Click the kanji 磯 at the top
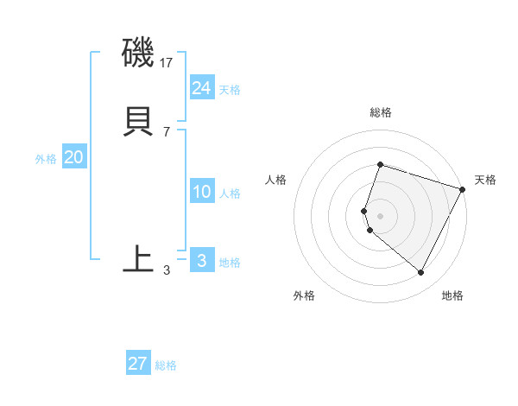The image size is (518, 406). pyautogui.click(x=139, y=54)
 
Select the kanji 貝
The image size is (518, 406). pyautogui.click(x=139, y=121)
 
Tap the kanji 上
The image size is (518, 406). pyautogui.click(x=138, y=258)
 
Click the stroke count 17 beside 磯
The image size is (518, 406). pyautogui.click(x=167, y=63)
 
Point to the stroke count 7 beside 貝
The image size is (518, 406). pyautogui.click(x=167, y=131)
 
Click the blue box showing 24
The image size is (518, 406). pyautogui.click(x=202, y=87)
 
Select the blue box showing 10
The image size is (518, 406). pyautogui.click(x=202, y=192)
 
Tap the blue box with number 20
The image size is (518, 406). pyautogui.click(x=74, y=157)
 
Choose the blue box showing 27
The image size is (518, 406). pyautogui.click(x=138, y=363)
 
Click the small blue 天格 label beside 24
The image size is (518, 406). pyautogui.click(x=230, y=90)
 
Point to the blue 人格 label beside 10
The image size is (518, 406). pyautogui.click(x=230, y=194)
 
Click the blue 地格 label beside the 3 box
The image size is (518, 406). pyautogui.click(x=230, y=263)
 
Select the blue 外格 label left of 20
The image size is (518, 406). pyautogui.click(x=46, y=159)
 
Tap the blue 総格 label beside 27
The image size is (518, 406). pyautogui.click(x=166, y=365)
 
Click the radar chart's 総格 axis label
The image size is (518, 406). pyautogui.click(x=380, y=112)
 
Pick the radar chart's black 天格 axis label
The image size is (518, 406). pyautogui.click(x=485, y=180)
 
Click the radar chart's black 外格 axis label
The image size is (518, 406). pyautogui.click(x=304, y=296)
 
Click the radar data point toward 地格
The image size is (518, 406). pyautogui.click(x=421, y=273)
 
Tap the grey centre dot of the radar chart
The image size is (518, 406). pyautogui.click(x=380, y=215)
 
